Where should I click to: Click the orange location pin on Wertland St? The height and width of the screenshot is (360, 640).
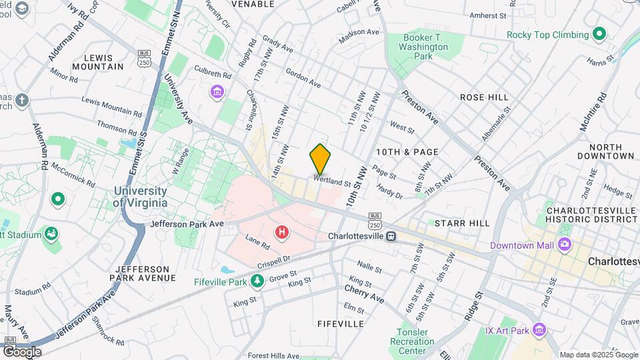(x=320, y=159)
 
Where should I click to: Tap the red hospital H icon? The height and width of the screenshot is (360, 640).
(x=282, y=232)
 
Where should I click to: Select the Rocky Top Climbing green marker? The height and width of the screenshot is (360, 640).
(x=599, y=34)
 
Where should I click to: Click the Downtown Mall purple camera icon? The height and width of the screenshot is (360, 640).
(x=565, y=245)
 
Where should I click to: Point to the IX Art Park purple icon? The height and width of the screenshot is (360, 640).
(x=539, y=330)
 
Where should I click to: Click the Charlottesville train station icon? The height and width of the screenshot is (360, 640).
(x=391, y=236)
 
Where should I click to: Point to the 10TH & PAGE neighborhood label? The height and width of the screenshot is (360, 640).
(x=407, y=152)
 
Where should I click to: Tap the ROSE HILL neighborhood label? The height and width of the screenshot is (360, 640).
(x=484, y=97)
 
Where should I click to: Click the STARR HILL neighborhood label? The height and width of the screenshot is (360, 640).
(x=461, y=223)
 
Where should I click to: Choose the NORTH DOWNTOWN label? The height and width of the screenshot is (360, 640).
(x=611, y=151)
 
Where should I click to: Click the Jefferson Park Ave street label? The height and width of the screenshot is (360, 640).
(x=187, y=224)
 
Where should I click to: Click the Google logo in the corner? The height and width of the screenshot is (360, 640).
(x=22, y=351)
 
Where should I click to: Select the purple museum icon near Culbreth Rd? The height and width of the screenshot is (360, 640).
(x=217, y=91)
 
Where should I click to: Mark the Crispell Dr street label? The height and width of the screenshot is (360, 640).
(x=270, y=258)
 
